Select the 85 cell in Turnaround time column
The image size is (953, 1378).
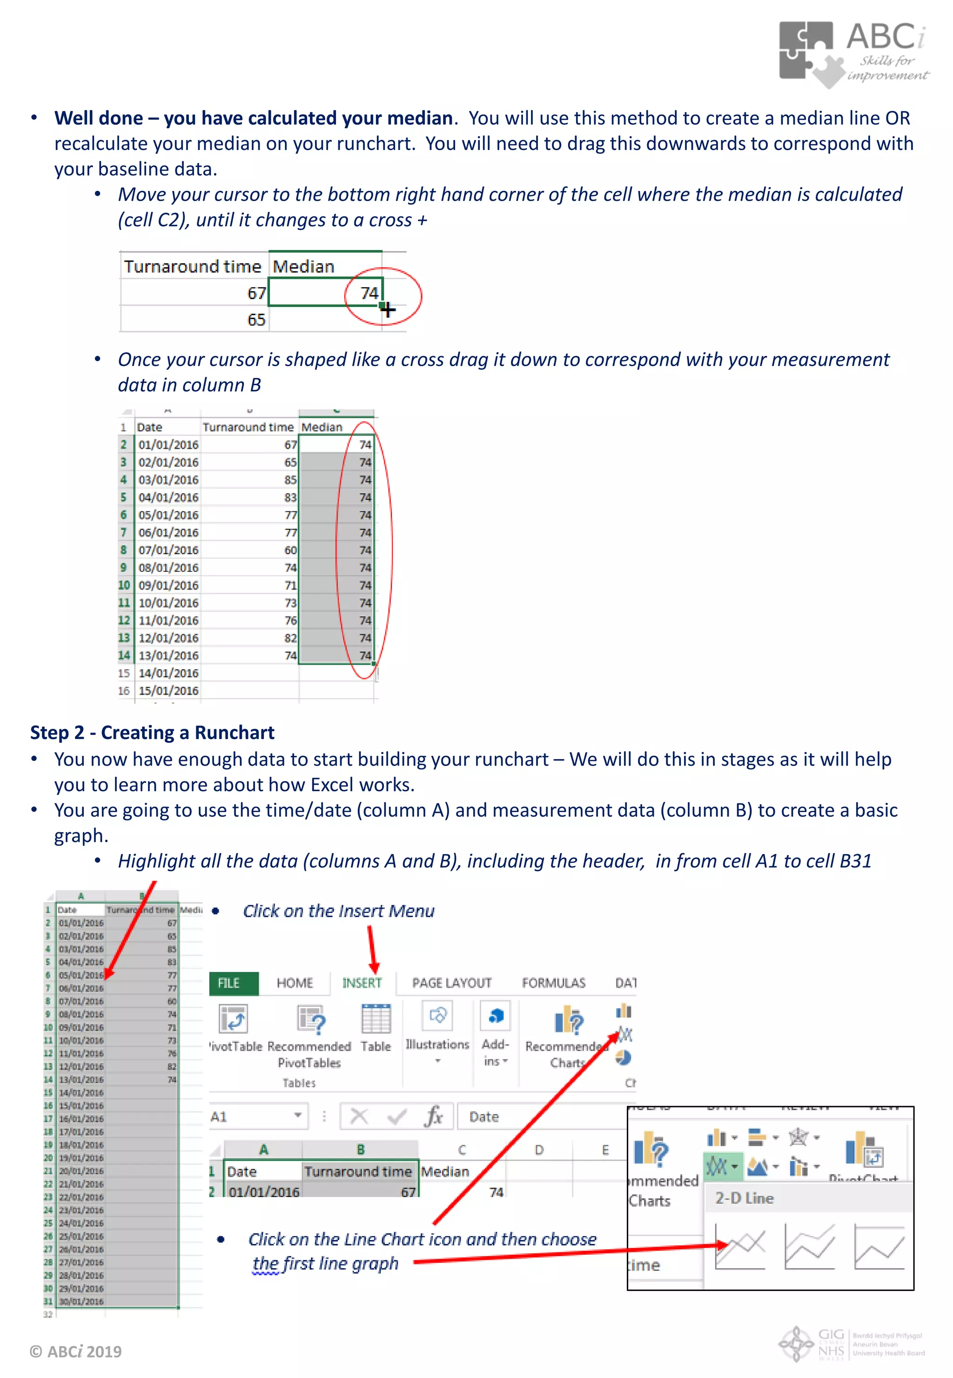[290, 480]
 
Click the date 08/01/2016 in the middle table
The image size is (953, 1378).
[168, 568]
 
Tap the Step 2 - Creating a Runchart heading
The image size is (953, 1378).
[152, 732]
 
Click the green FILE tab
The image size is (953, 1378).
[234, 983]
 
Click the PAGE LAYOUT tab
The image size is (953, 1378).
[451, 983]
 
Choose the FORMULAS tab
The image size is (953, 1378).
[554, 983]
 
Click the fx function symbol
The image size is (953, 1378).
[434, 1116]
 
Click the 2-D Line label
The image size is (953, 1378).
[744, 1198]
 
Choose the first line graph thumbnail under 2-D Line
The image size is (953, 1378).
[740, 1246]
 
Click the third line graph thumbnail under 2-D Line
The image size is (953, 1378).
[879, 1246]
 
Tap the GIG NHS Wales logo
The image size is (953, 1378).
[852, 1344]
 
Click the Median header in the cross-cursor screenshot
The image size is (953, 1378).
[304, 266]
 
